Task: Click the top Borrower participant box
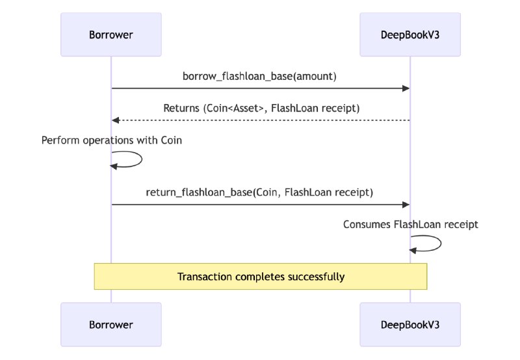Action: (x=110, y=34)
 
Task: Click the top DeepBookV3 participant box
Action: (x=410, y=34)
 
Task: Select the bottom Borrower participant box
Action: (x=110, y=324)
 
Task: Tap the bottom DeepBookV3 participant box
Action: (x=410, y=324)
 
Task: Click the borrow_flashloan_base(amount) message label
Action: (x=260, y=76)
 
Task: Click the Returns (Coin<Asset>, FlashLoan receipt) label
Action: (x=260, y=108)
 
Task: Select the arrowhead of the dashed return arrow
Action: (x=116, y=120)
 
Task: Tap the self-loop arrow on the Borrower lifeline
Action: (x=133, y=160)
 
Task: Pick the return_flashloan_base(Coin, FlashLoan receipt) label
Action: (x=260, y=192)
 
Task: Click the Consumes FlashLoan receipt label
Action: (x=411, y=225)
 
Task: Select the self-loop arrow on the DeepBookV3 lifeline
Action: (x=433, y=244)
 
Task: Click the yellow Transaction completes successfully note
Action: (x=260, y=276)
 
